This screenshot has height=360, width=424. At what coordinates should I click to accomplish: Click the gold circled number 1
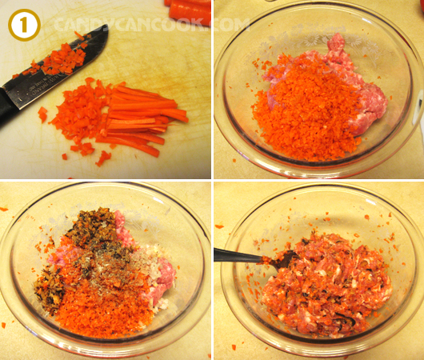[x=24, y=25]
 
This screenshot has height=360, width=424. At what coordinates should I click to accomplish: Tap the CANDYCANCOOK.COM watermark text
[x=151, y=25]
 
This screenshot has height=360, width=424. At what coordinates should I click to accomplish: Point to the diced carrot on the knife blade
[x=58, y=60]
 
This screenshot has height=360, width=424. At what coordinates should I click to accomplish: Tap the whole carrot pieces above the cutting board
[x=188, y=11]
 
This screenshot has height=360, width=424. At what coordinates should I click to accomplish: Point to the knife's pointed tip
[x=107, y=26]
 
